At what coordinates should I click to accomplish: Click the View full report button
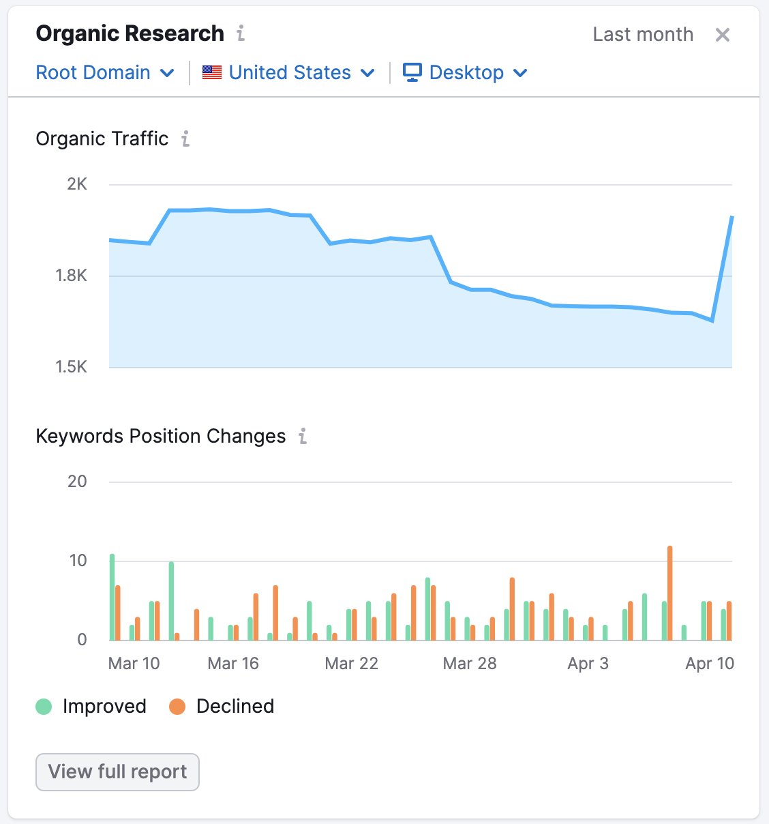click(117, 771)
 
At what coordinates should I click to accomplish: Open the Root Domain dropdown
click(105, 72)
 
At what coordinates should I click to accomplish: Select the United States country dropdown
click(289, 72)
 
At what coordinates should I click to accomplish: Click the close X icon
click(722, 35)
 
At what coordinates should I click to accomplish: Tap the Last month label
click(642, 35)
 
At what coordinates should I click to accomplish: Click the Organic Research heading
click(130, 33)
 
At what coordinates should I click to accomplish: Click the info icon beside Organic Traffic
click(185, 139)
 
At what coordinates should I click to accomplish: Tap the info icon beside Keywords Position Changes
click(303, 437)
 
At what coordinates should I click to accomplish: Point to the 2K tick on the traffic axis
click(77, 184)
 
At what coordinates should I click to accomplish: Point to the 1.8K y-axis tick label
click(72, 276)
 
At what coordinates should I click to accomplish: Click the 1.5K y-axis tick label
click(72, 367)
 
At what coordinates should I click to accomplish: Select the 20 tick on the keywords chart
click(77, 482)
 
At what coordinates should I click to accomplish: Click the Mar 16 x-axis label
click(233, 664)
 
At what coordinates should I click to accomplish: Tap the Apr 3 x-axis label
click(588, 664)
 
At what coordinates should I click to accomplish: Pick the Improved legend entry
click(91, 706)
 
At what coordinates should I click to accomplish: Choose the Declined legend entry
click(222, 706)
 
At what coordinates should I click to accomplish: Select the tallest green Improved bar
click(112, 596)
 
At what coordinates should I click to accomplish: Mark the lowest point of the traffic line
click(712, 321)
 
